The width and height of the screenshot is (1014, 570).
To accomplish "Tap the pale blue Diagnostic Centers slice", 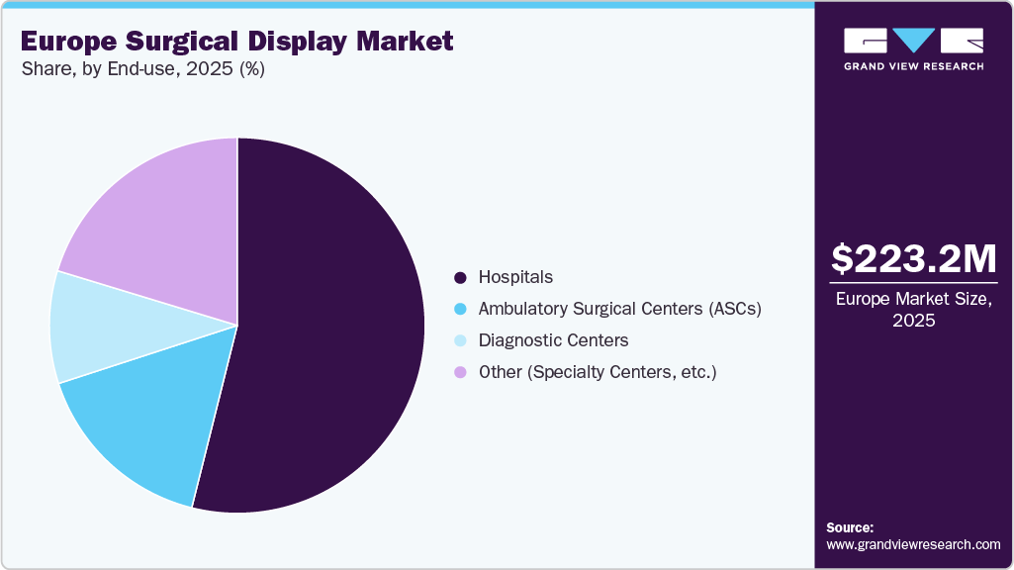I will (x=99, y=327).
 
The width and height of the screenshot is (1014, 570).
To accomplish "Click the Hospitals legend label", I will (x=515, y=277).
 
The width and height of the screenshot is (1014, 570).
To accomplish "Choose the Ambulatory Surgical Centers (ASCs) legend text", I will (x=619, y=309).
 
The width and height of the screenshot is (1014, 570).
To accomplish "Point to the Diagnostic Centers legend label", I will (x=553, y=340).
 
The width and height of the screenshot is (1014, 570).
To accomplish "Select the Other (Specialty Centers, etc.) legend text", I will (x=597, y=372).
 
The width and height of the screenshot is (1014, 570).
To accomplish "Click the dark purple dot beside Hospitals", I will (x=460, y=278).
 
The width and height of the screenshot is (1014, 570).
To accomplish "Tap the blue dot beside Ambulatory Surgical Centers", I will (x=460, y=310).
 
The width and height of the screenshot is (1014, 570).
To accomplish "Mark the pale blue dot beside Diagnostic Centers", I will (x=460, y=341).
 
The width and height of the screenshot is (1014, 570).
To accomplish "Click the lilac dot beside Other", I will (x=460, y=373).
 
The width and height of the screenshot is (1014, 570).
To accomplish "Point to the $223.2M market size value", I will (x=913, y=259).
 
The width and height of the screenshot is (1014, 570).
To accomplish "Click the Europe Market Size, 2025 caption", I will (x=913, y=309).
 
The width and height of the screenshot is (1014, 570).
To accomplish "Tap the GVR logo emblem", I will (x=913, y=41).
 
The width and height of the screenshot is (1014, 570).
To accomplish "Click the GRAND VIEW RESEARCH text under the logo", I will (x=913, y=66).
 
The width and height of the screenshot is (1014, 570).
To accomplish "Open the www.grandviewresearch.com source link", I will (x=913, y=544).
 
